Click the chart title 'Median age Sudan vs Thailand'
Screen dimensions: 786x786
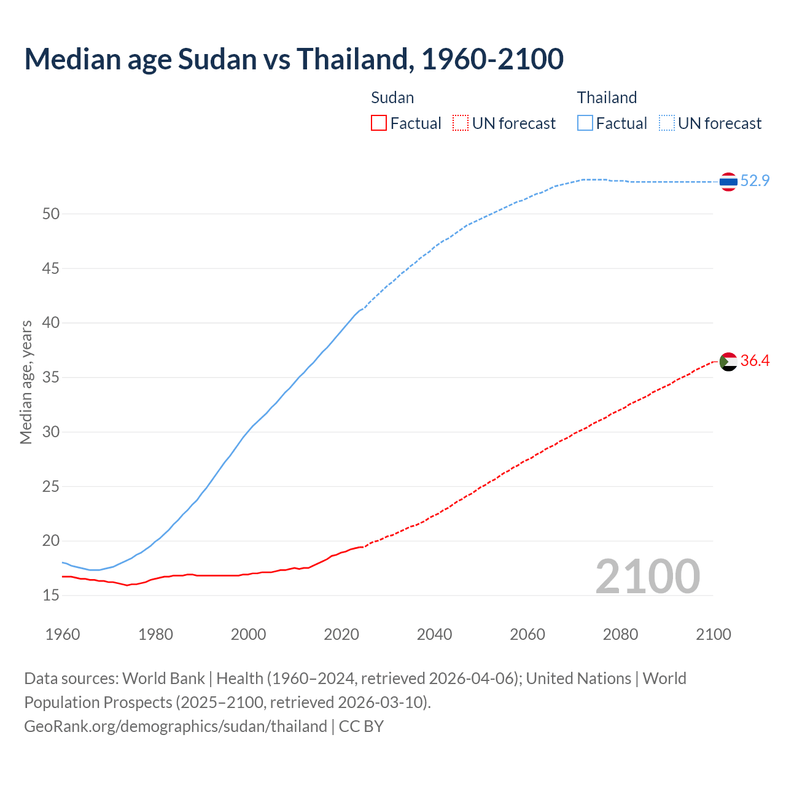tap(294, 59)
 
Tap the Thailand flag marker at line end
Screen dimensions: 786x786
tap(728, 182)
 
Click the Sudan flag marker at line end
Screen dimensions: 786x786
tap(728, 362)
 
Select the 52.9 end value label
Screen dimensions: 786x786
tap(755, 181)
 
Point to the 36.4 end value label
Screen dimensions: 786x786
tap(755, 360)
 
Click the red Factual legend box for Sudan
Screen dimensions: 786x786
tap(379, 123)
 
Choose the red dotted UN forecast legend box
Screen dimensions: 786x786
tap(461, 123)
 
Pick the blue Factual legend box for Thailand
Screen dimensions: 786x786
tap(585, 123)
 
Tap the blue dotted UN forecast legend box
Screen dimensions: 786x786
tap(667, 123)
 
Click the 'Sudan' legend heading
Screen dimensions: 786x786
tap(392, 98)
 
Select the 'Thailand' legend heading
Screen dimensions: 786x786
tap(607, 98)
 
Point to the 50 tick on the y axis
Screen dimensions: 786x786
tap(51, 214)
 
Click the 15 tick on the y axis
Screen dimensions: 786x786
tap(51, 595)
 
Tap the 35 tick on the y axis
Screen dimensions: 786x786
tap(51, 377)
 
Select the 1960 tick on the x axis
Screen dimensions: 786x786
tap(63, 634)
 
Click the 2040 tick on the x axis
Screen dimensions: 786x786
tap(434, 634)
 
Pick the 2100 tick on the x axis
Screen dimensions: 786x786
tap(714, 634)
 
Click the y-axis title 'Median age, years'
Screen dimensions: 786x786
tap(26, 382)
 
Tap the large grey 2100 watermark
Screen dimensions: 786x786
tap(648, 576)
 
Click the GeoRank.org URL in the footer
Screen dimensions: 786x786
tap(176, 726)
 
